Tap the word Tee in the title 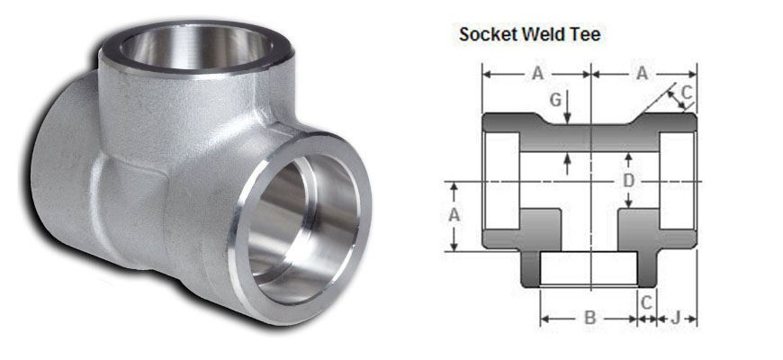[x=586, y=35]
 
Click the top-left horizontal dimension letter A [x=536, y=75]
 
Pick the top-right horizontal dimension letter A [x=643, y=75]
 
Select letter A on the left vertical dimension [x=455, y=215]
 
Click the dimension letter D [x=629, y=182]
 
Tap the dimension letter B [x=589, y=318]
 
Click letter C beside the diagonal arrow [x=686, y=91]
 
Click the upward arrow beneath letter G [x=567, y=162]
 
